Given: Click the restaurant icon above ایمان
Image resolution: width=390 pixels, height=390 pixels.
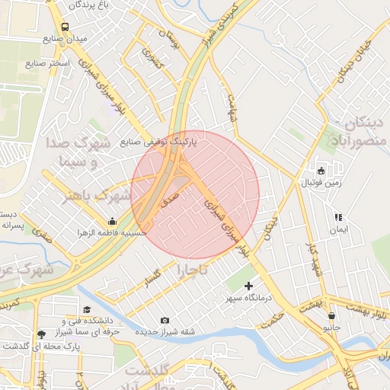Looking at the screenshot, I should [338, 217].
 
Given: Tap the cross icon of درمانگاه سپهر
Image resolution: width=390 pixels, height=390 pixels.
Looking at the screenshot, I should [248, 286].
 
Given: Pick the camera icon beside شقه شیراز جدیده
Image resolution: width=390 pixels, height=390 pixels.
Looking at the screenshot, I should [165, 321].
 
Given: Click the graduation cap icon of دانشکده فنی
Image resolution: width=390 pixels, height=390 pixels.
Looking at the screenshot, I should [87, 311].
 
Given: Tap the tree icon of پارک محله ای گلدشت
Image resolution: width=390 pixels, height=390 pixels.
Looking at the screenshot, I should [41, 334].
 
